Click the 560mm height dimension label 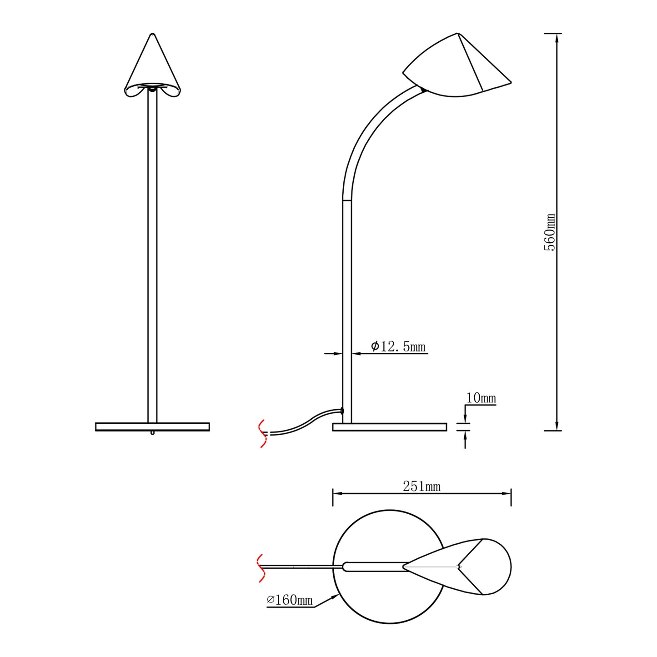[549, 232]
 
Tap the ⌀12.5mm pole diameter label [398, 347]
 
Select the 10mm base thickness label [481, 398]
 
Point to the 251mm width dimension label [422, 486]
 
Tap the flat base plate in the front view [152, 427]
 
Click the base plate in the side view [390, 427]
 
